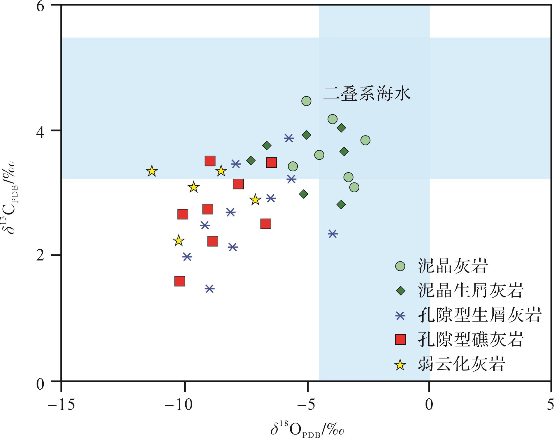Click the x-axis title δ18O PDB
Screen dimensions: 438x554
coord(308,428)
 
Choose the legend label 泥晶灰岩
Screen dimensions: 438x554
coord(452,266)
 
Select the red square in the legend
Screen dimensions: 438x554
coord(400,340)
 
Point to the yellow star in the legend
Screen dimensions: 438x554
coord(400,364)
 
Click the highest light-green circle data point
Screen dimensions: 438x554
coord(306,101)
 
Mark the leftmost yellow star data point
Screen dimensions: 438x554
coord(152,171)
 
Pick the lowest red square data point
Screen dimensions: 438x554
coord(180,281)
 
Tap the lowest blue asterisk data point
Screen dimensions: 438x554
coord(210,289)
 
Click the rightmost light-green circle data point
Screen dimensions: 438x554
coord(365,140)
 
